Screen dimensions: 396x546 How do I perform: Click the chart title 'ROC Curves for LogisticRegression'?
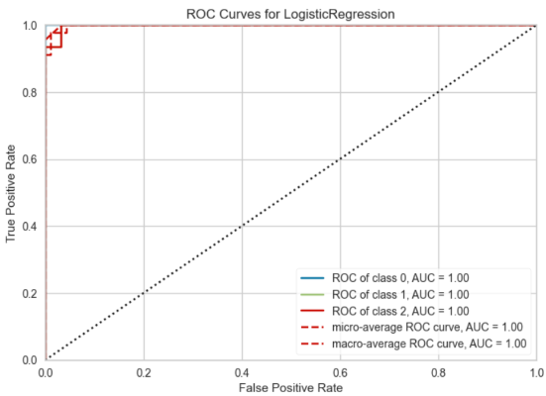[x=290, y=13]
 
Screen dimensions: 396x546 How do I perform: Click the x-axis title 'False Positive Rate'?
[x=290, y=387]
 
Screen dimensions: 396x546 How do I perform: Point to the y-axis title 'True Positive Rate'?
[x=11, y=193]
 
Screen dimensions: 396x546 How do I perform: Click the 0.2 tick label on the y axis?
[x=30, y=293]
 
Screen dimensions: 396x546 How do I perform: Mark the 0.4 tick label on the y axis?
[x=30, y=227]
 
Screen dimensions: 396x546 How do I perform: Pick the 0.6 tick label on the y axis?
[x=30, y=159]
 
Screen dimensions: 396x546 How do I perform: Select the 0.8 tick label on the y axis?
[x=30, y=93]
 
